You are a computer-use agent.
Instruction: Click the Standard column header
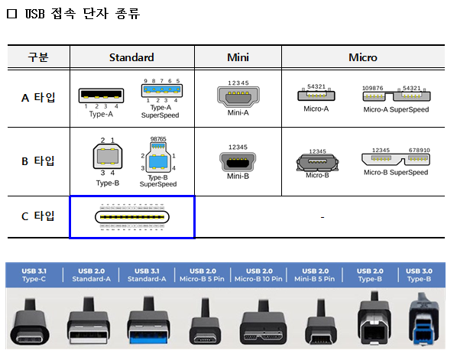coord(131,57)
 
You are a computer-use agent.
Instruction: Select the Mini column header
coord(238,57)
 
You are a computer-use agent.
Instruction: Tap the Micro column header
coord(362,57)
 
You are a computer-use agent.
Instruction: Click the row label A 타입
coord(38,98)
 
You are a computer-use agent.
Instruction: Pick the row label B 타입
coord(38,161)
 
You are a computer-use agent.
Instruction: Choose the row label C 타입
coord(38,216)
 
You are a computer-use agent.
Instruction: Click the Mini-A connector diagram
coord(238,96)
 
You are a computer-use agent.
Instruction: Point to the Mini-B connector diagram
coord(238,161)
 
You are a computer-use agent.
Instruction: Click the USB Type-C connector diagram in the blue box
coord(131,217)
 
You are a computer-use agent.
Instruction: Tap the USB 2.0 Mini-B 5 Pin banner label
coord(316,274)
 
